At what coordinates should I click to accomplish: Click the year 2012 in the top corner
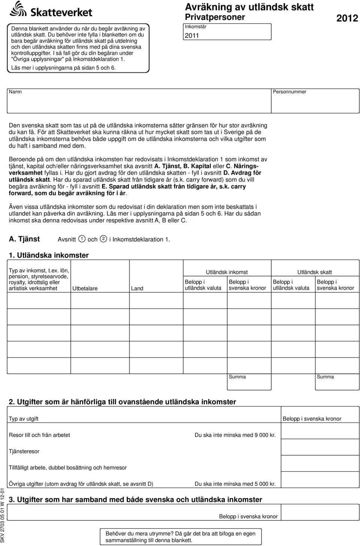[347, 18]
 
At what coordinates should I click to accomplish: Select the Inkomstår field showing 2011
[228, 32]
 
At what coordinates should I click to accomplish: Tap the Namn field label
[15, 92]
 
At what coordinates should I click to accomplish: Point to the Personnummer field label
[289, 92]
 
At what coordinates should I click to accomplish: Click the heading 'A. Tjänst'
[24, 239]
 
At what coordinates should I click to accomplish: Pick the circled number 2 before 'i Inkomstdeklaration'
[103, 239]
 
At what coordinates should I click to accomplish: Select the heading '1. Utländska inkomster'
[49, 255]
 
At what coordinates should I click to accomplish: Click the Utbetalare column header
[85, 289]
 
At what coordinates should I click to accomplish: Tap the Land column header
[137, 289]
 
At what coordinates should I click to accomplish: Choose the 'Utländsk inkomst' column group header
[226, 272]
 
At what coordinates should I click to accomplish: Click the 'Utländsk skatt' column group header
[314, 272]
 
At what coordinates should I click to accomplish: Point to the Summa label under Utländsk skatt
[325, 377]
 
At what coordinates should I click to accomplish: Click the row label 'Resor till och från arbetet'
[39, 435]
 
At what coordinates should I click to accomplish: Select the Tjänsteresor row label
[24, 452]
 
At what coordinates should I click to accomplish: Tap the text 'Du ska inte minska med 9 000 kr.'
[235, 435]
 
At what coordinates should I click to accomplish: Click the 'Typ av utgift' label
[24, 419]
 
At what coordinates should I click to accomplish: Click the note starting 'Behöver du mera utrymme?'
[180, 537]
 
